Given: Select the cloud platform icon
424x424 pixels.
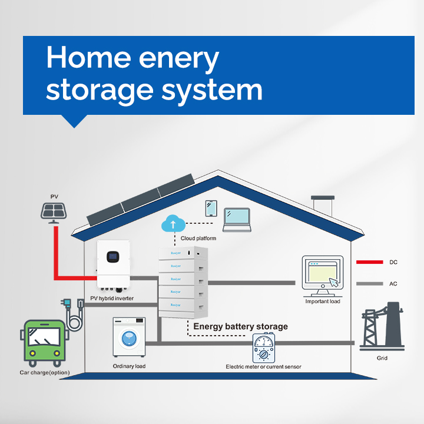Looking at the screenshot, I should point(173,223).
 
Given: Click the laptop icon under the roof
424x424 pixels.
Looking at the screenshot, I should point(237,217).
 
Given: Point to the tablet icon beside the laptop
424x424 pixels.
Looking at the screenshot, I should point(211,209).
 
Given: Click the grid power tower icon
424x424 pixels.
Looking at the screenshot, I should point(382,327).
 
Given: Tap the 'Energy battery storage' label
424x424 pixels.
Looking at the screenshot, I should point(241,326).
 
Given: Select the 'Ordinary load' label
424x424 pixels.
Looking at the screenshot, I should point(129,366).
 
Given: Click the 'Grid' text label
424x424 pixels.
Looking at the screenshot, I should point(382,358).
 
